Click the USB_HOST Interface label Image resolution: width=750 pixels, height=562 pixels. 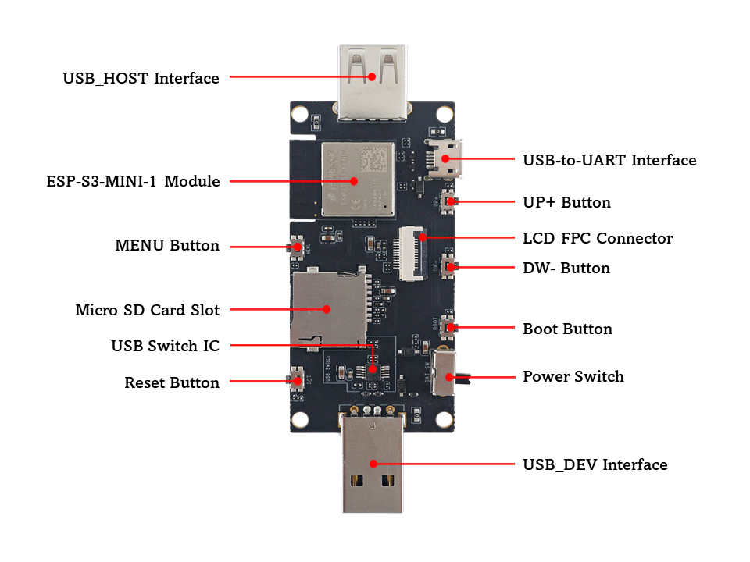[141, 78]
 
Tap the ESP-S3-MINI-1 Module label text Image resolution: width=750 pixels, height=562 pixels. [133, 182]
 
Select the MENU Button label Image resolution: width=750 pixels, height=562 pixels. [167, 246]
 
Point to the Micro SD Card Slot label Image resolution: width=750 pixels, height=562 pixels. [147, 310]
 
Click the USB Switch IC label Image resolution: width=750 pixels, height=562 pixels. [165, 346]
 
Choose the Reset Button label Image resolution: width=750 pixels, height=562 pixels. [172, 383]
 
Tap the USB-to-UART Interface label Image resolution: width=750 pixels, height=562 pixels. [609, 161]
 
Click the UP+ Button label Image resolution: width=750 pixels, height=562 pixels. [566, 202]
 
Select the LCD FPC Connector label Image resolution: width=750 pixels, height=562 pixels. [598, 238]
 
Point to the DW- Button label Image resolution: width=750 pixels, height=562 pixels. [566, 268]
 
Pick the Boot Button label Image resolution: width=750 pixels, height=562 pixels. [567, 329]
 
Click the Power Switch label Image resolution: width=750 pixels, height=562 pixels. [573, 376]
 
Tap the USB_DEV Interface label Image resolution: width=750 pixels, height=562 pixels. [595, 464]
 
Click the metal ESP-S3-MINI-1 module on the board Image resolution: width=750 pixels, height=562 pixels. [357, 179]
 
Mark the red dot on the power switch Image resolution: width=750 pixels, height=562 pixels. [449, 377]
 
